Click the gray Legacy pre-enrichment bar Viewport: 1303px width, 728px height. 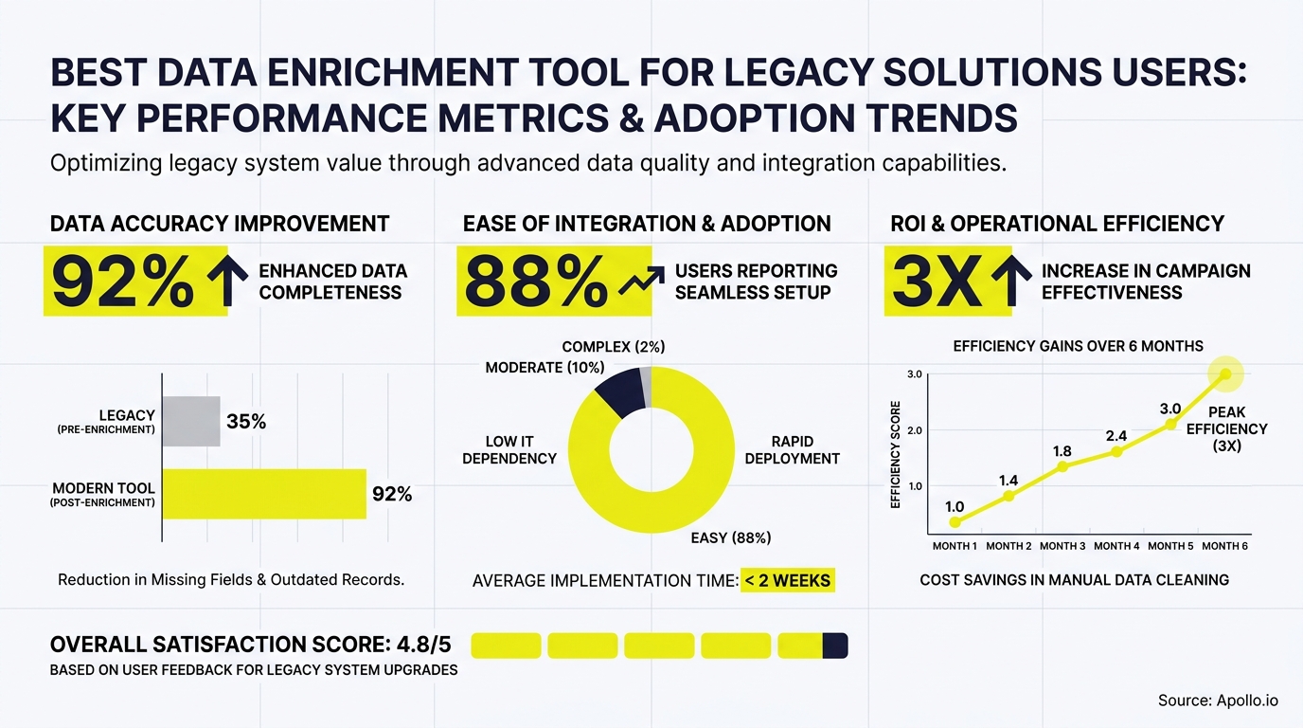[x=191, y=422]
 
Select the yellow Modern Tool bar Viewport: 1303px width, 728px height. [x=264, y=494]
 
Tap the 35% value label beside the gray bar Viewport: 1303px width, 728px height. [x=246, y=422]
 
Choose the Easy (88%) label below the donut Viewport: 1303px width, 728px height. [x=730, y=537]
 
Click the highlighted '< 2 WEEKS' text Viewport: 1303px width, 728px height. [x=788, y=580]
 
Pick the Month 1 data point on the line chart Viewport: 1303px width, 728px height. [x=955, y=522]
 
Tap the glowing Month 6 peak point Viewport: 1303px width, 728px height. [x=1225, y=374]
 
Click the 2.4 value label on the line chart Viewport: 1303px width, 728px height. [x=1116, y=436]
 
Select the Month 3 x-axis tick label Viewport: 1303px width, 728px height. [x=1062, y=546]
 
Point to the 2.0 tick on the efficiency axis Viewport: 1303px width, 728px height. [x=914, y=430]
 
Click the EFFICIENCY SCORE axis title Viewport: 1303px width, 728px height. [x=896, y=454]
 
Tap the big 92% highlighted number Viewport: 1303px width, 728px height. [x=123, y=282]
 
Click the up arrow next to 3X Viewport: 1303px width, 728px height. [x=1010, y=282]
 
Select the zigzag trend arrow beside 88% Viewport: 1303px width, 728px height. [x=640, y=282]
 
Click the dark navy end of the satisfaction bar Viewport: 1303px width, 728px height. [x=835, y=646]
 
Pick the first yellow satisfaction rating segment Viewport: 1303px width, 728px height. [x=506, y=646]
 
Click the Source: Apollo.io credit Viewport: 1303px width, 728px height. [x=1218, y=701]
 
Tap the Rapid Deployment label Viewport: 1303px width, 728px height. [x=792, y=450]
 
